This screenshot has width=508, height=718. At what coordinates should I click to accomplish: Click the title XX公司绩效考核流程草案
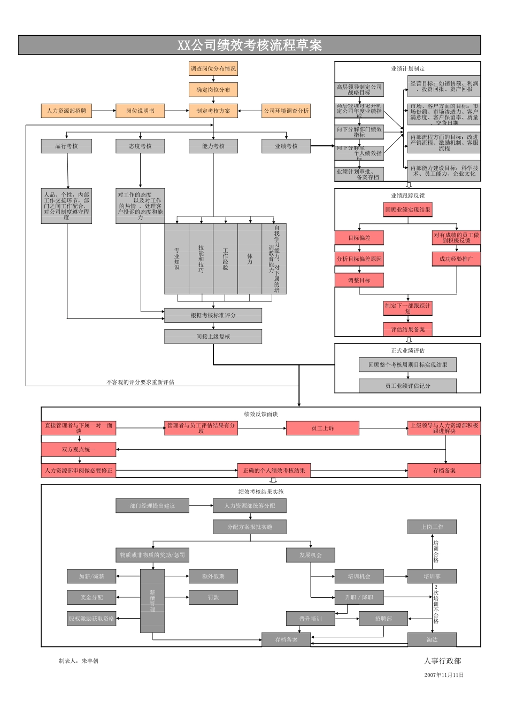tap(250, 45)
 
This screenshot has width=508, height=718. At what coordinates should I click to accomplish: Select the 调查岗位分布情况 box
tap(213, 69)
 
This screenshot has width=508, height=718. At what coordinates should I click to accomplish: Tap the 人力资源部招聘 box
tap(66, 111)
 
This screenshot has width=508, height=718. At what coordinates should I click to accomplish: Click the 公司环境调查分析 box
tap(286, 111)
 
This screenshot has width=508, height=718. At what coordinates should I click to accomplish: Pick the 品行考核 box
tap(66, 146)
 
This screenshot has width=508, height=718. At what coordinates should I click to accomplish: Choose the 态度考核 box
tap(140, 146)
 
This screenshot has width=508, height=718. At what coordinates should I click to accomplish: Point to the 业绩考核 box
tap(286, 146)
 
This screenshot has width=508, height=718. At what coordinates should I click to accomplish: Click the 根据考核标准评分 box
tap(213, 316)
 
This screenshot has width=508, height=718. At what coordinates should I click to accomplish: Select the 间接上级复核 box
tap(213, 337)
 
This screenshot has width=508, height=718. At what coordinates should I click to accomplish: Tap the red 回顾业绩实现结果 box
tap(407, 210)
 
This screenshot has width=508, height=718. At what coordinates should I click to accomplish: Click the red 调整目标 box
tap(359, 280)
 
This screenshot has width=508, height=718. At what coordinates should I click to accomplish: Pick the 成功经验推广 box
tap(456, 259)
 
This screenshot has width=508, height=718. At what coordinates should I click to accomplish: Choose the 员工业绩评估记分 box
tap(407, 386)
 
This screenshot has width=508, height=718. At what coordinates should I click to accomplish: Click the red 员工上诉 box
tap(322, 428)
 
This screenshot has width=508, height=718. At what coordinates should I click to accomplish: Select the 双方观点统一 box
tap(79, 450)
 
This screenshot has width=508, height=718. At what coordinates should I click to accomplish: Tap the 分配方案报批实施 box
tap(250, 527)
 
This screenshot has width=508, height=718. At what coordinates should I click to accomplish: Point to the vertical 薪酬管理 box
tap(152, 601)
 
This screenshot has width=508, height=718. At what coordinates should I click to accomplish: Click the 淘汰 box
tap(432, 640)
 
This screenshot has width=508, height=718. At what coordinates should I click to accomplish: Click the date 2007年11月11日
tap(444, 675)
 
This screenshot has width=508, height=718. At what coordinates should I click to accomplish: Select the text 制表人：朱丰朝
tap(79, 661)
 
